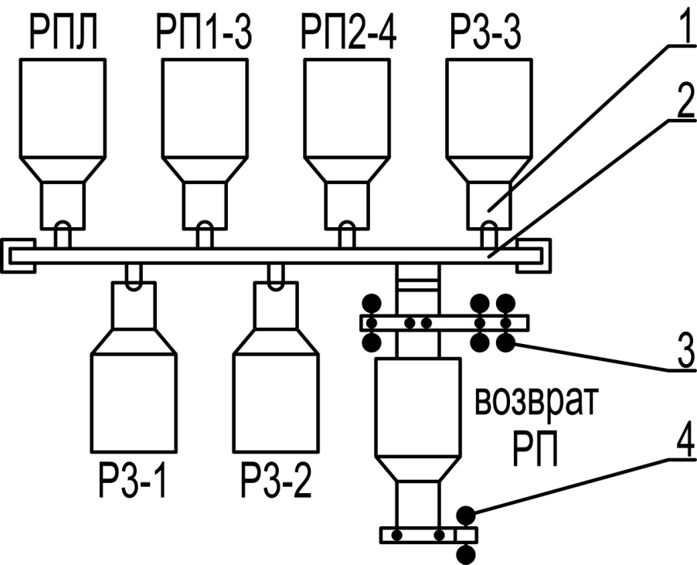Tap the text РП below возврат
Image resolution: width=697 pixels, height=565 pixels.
click(x=535, y=448)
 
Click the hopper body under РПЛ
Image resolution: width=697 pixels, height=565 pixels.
click(x=62, y=108)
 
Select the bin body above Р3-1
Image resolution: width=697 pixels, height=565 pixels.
click(x=134, y=402)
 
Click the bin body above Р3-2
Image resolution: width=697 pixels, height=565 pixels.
click(x=276, y=402)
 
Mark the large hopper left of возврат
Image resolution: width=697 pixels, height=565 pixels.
click(x=417, y=402)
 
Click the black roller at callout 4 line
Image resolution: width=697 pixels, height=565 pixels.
click(x=467, y=514)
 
